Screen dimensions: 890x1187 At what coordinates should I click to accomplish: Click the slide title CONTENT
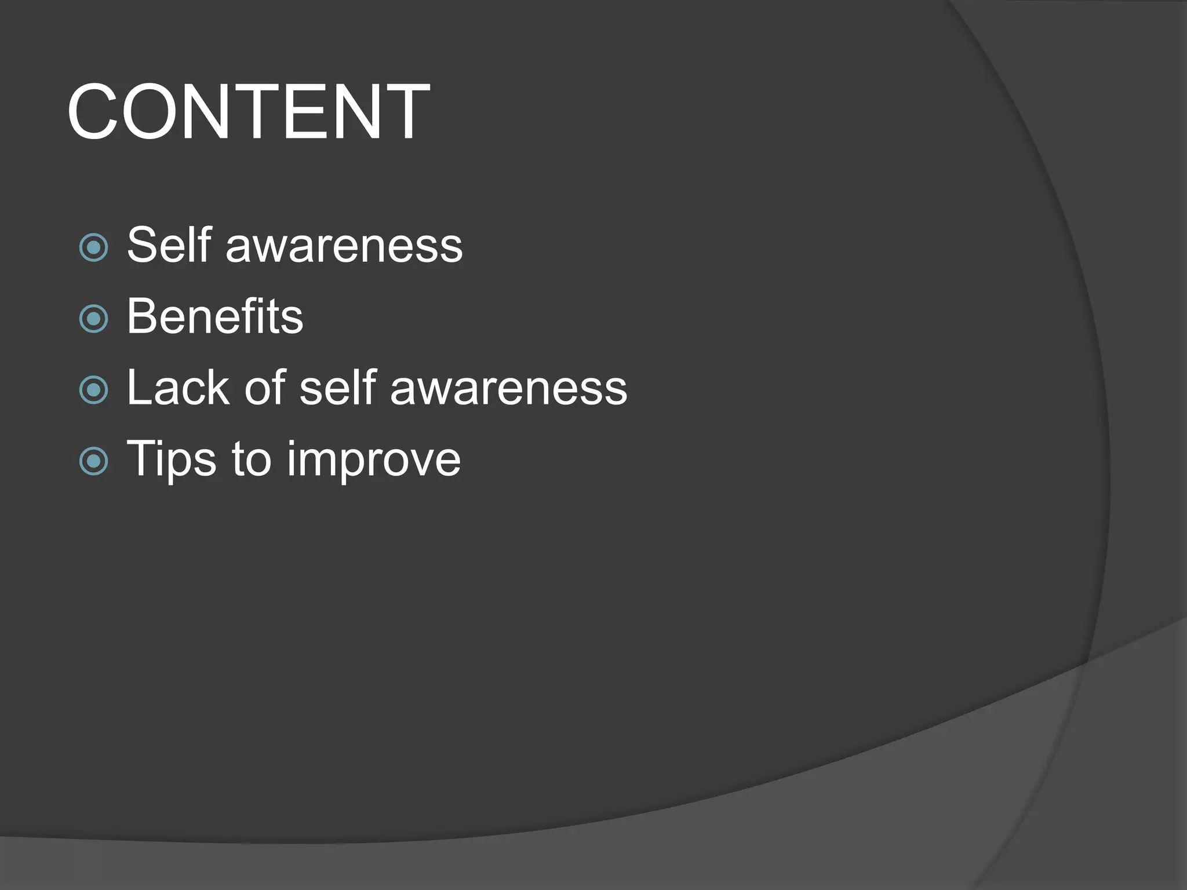(248, 112)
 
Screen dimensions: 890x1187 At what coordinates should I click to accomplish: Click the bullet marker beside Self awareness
(93, 248)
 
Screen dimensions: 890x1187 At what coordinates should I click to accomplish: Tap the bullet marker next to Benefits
(93, 319)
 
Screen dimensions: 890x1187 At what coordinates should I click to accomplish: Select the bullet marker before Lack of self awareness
(93, 390)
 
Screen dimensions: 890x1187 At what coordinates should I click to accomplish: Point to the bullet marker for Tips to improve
(93, 461)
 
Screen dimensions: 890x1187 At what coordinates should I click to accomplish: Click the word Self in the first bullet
(169, 245)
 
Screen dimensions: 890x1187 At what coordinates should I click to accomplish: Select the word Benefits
(215, 316)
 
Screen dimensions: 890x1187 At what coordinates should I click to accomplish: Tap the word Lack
(178, 388)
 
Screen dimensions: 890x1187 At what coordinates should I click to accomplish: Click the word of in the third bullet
(264, 388)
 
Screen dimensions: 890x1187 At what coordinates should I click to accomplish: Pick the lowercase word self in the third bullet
(338, 388)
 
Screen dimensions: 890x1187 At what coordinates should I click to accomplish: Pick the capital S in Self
(142, 245)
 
